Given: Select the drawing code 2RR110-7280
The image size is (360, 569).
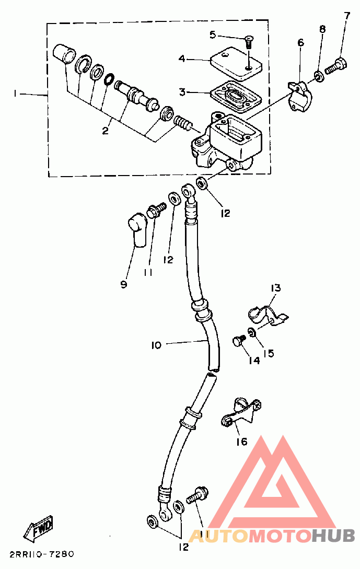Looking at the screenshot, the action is pos(42,554).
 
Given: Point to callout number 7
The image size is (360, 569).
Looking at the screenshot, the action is pos(347,16).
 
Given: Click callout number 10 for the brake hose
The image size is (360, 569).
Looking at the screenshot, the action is pos(156,345).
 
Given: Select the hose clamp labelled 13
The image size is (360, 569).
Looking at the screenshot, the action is pos(268,315).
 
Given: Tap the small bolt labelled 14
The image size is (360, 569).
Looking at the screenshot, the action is pos(238,341).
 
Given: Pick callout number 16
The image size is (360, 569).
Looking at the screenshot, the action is pos(242,442).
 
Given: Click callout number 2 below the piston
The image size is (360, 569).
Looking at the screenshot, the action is pos(105,130).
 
